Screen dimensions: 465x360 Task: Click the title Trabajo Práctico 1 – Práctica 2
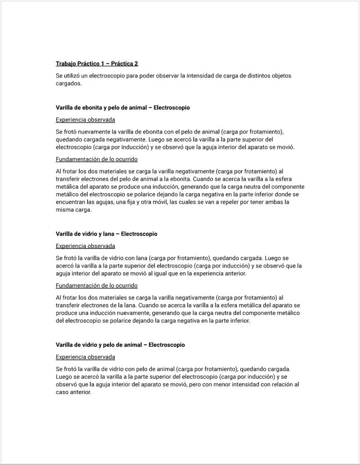click(97, 64)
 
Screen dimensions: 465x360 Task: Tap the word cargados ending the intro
click(68, 84)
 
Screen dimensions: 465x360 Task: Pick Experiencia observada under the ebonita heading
click(85, 120)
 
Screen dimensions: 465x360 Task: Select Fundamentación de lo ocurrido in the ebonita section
click(97, 159)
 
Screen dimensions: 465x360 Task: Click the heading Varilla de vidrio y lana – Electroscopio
click(106, 234)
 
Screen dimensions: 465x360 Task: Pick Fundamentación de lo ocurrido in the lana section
click(97, 285)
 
